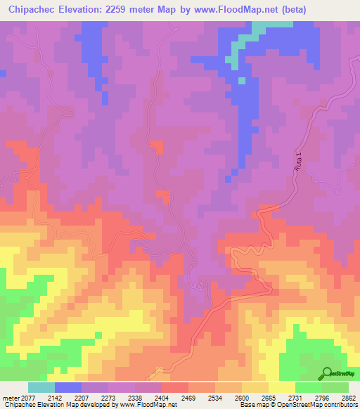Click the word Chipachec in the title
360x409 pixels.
31,9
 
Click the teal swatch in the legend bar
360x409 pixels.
41,387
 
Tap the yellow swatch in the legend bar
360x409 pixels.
282,387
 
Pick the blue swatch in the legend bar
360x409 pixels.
68,387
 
